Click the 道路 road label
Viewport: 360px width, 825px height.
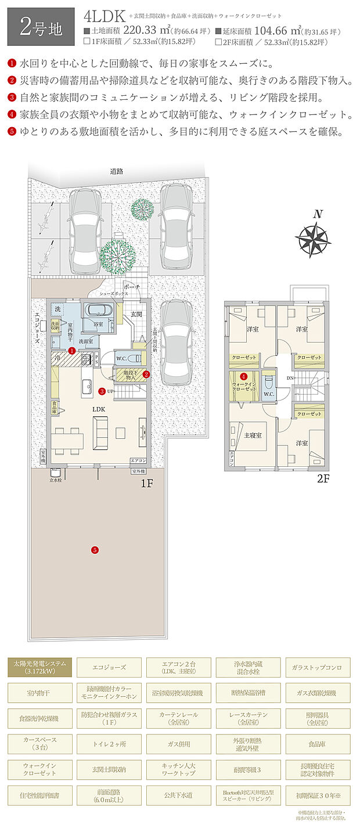[117, 171]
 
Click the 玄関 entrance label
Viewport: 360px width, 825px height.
[135, 314]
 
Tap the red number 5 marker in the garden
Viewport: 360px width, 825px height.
[94, 549]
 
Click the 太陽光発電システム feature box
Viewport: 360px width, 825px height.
[40, 668]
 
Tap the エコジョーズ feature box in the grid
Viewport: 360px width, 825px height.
[109, 668]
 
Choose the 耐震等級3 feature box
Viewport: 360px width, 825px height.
[249, 769]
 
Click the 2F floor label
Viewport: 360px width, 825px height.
[323, 480]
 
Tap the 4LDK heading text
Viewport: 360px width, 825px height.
[105, 16]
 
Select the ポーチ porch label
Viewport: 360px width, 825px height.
[132, 287]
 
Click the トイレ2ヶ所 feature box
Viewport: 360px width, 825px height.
[109, 743]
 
